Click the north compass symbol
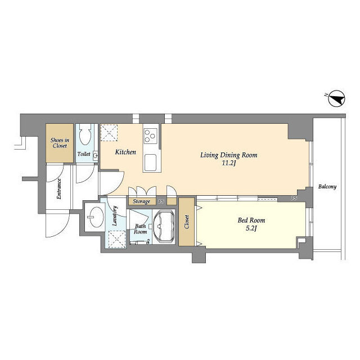click(336, 98)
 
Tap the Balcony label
click(327, 187)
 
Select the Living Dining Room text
click(229, 155)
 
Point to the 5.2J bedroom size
click(251, 228)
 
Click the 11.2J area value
click(229, 163)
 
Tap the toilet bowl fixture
click(85, 135)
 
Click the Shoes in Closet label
click(60, 143)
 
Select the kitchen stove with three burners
click(151, 136)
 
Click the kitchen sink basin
click(150, 163)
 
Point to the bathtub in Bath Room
click(164, 226)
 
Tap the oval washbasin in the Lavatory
click(96, 217)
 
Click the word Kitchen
click(125, 152)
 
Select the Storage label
click(141, 201)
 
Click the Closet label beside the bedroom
click(187, 222)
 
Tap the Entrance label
click(59, 189)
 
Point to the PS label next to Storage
click(161, 201)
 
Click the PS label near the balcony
click(294, 198)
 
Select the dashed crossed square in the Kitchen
click(109, 133)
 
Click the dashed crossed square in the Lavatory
click(117, 239)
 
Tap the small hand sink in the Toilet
click(96, 156)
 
